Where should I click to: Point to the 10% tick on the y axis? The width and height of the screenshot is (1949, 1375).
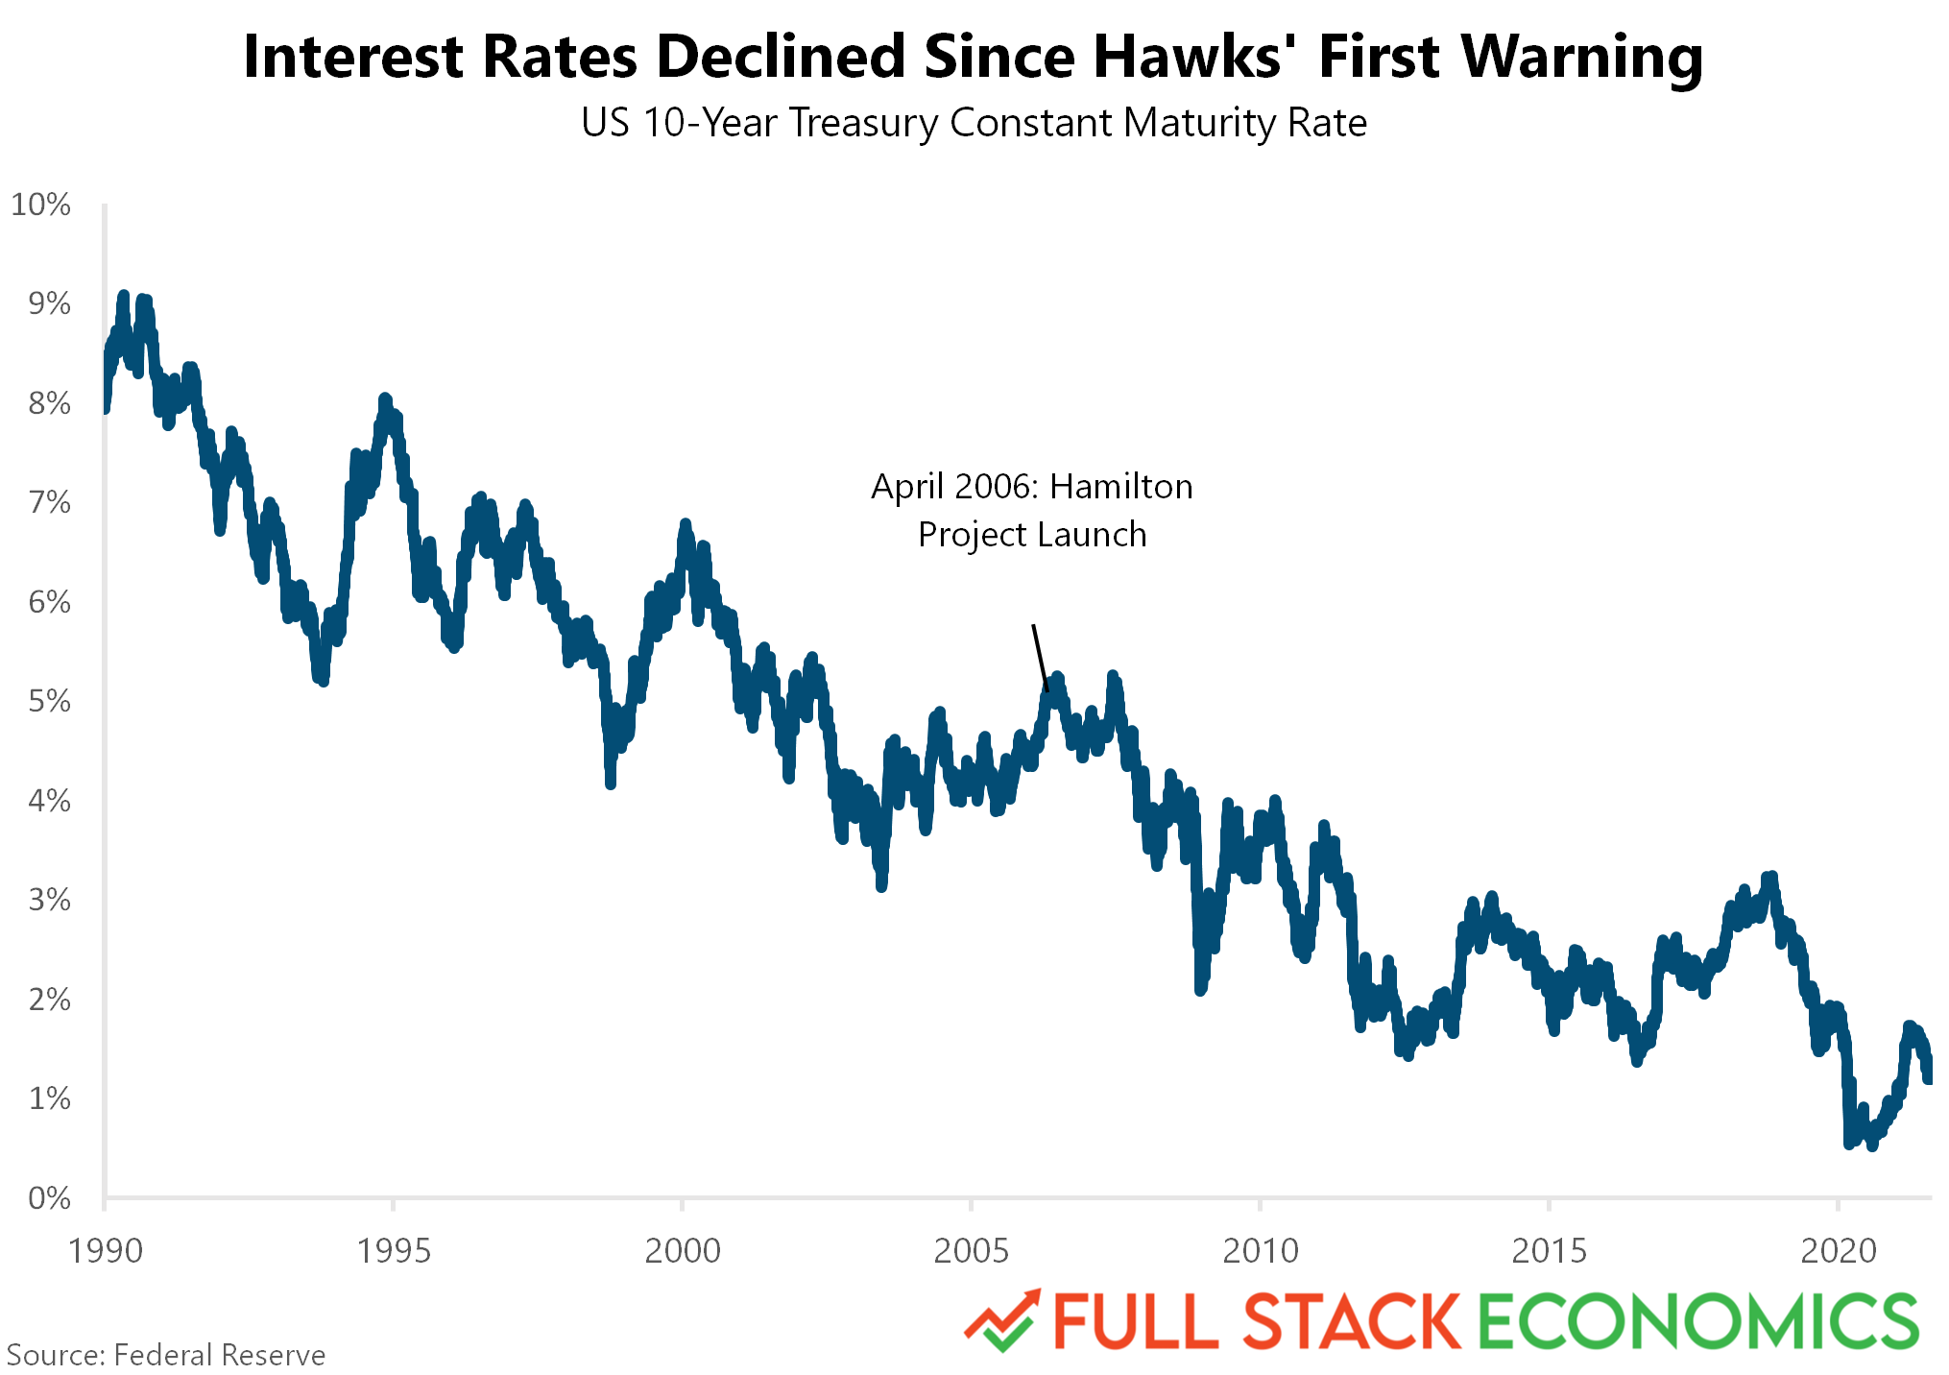point(40,205)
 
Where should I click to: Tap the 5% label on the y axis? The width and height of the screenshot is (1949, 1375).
point(49,701)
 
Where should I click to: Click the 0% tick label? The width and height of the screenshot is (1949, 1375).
point(49,1197)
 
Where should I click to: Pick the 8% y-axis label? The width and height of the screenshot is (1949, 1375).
point(49,403)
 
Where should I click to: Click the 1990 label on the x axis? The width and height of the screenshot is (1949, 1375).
point(106,1250)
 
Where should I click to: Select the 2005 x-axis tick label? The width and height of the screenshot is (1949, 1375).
point(971,1250)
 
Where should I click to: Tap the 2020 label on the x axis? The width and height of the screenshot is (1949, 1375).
point(1838,1250)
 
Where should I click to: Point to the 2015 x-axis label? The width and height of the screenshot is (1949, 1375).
point(1549,1250)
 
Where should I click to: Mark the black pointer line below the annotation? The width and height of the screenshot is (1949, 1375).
point(1040,658)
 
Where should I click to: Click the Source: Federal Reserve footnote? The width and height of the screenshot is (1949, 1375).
point(166,1355)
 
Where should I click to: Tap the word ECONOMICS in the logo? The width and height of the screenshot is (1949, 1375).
point(1697,1321)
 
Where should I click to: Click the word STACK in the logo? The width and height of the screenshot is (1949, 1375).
point(1352,1321)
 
